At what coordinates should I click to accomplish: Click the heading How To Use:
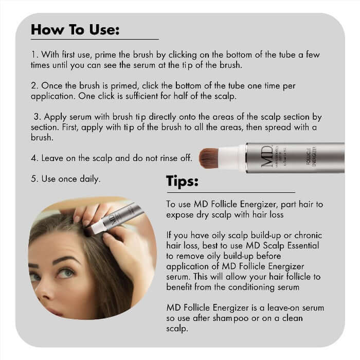(x=75, y=29)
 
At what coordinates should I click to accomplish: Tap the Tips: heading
(x=182, y=182)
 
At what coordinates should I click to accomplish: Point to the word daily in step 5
(x=87, y=179)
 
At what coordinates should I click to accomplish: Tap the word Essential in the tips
(x=301, y=246)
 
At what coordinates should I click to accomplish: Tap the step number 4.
(x=33, y=158)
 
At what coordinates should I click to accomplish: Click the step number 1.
(x=34, y=53)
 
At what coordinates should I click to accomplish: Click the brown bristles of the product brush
(x=209, y=158)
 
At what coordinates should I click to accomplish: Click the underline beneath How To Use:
(x=95, y=39)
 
